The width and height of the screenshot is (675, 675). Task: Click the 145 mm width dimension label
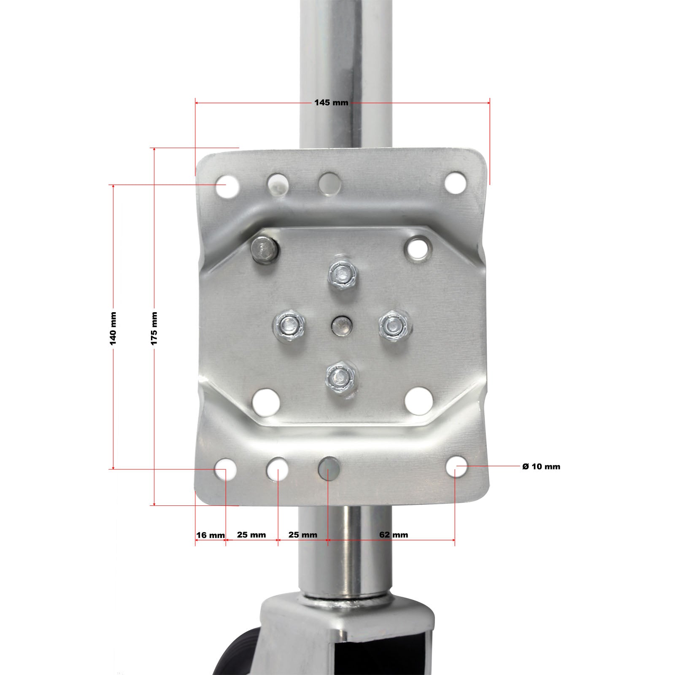[x=331, y=103]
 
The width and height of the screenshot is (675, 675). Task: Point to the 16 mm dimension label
[x=211, y=535]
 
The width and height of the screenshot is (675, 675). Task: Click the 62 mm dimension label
[x=394, y=535]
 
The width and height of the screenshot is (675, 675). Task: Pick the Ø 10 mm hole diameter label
[x=541, y=467]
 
